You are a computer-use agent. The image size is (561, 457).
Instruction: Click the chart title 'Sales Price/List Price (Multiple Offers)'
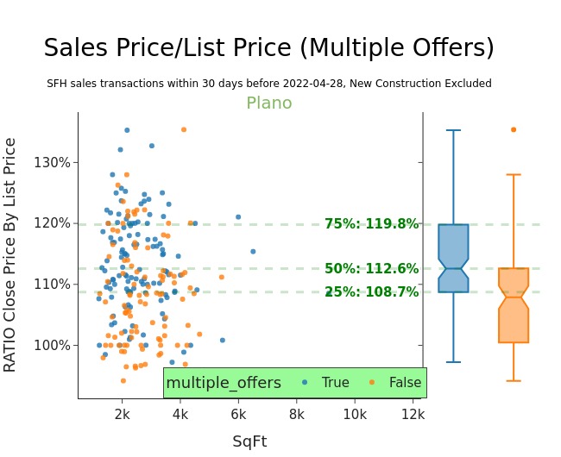[x=268, y=48]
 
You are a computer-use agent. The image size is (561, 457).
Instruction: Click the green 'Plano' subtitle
[x=268, y=103]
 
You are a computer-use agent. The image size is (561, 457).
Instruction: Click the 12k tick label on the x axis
[x=413, y=414]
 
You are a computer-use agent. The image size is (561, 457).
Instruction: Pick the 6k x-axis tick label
[x=238, y=414]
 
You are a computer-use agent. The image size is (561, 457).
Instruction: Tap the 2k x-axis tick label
[x=122, y=414]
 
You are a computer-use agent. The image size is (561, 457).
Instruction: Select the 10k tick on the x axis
[x=355, y=414]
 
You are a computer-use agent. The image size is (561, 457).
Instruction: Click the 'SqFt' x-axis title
[x=249, y=441]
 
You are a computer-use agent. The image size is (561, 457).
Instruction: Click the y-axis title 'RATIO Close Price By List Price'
[x=10, y=254]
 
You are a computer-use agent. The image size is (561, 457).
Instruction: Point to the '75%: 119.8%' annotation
[x=371, y=224]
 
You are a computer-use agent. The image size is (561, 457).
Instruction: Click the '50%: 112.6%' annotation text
[x=371, y=269]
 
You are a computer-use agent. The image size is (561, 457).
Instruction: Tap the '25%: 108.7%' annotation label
[x=371, y=292]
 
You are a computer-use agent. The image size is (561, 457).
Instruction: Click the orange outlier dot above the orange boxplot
[x=514, y=130]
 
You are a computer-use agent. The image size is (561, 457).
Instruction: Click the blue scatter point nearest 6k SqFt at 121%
[x=238, y=217]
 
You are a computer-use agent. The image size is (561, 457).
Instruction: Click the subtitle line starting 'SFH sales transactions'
[x=268, y=84]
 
